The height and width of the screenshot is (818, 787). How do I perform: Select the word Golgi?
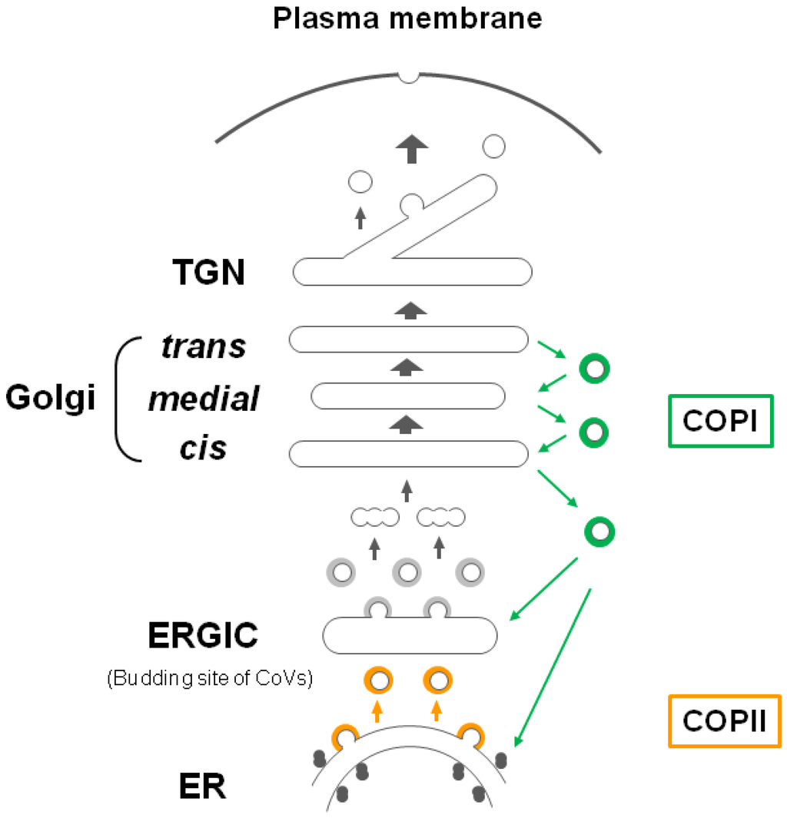coord(51,398)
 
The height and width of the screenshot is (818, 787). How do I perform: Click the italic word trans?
coord(204,346)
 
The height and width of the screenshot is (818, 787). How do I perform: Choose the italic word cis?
coord(204,448)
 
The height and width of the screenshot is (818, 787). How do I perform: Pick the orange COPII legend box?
coord(725,720)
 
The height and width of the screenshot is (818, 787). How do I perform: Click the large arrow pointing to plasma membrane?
coord(412,147)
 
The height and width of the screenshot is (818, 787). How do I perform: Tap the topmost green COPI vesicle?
coord(594,369)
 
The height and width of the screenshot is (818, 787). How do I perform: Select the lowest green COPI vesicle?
coord(599,530)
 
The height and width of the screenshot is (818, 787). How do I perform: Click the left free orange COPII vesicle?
coord(377,680)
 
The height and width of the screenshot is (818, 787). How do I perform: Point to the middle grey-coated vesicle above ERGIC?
coord(407,571)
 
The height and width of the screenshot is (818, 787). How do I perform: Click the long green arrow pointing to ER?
coord(553,667)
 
